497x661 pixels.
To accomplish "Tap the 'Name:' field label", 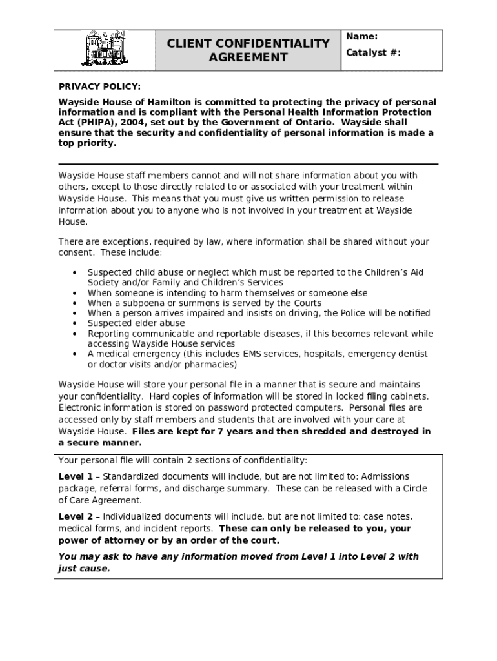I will [x=361, y=37].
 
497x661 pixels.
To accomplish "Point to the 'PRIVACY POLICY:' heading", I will [x=99, y=86].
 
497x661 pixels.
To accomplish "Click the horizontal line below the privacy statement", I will [x=249, y=165].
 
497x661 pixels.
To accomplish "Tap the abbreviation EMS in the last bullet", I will [x=252, y=354].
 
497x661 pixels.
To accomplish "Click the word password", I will [x=244, y=408].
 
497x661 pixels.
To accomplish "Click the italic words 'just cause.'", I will [x=84, y=569].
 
